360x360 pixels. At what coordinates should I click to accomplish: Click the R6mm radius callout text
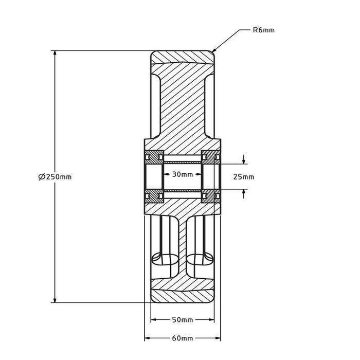(x=264, y=30)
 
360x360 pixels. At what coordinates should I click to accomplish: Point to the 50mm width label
(x=182, y=320)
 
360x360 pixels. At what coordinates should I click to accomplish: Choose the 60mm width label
(x=182, y=338)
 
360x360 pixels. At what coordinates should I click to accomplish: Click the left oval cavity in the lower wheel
(x=166, y=257)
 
